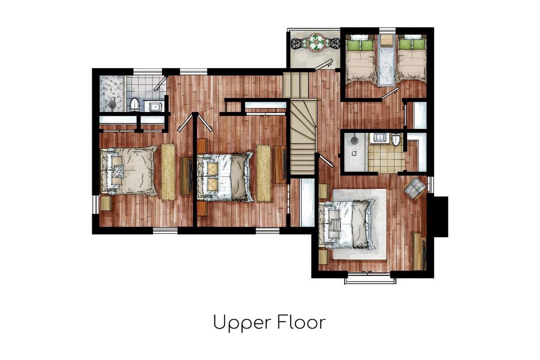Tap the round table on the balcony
[316, 43]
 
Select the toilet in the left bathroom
[134, 104]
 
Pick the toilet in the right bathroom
[395, 139]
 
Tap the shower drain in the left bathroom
[112, 103]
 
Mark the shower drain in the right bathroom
[353, 140]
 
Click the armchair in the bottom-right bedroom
[414, 187]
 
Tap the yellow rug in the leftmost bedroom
[168, 171]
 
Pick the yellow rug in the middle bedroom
[263, 173]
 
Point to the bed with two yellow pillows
[224, 176]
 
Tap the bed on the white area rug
[346, 224]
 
